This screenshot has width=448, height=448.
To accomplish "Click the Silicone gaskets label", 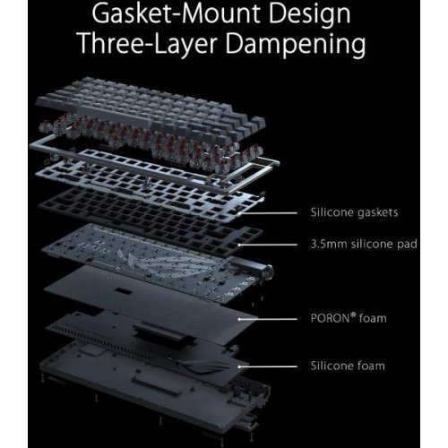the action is coord(354,212).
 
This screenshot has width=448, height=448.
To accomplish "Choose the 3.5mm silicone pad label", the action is coord(364,245).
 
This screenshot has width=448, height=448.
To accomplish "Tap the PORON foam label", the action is coord(349,318).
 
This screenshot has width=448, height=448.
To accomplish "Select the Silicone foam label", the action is coord(348,366).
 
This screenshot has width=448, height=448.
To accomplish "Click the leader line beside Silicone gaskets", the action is coord(268,213).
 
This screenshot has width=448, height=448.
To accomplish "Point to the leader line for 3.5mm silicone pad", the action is coord(268,245).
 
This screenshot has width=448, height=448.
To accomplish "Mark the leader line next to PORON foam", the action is coord(268,319).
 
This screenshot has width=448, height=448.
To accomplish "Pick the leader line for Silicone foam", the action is coord(268,366).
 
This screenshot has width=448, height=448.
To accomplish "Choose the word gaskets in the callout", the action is coord(377,213).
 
